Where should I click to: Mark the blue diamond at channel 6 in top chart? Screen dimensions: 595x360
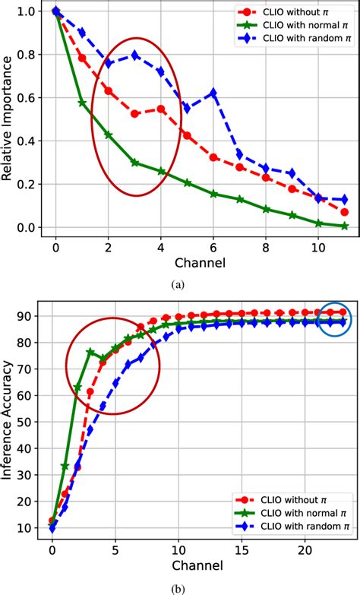tap(213, 93)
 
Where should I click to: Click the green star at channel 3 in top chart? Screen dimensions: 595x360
tap(134, 163)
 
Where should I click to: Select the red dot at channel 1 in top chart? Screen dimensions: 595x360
tap(81, 58)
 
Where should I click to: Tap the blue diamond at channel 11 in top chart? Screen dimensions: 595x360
tap(344, 199)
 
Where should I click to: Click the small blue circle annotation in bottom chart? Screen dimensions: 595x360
tap(335, 318)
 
